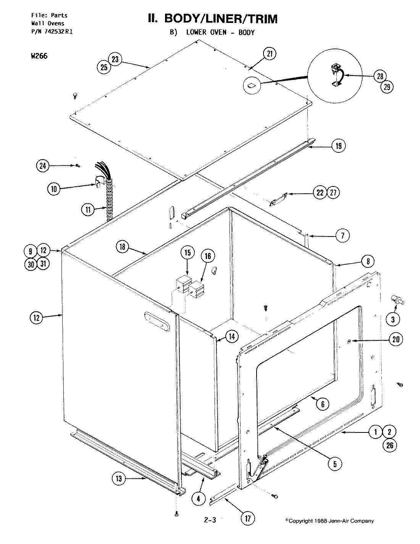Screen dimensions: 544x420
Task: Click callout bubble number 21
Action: tap(270, 54)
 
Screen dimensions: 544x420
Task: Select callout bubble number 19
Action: tap(338, 146)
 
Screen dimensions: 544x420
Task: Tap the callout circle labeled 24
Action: tap(43, 165)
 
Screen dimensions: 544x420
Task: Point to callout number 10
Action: tap(55, 189)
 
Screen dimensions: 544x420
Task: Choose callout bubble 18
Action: tap(122, 247)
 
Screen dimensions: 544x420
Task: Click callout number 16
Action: tap(208, 256)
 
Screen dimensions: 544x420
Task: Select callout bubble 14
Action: tap(231, 336)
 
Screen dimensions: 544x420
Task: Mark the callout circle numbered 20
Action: tap(396, 339)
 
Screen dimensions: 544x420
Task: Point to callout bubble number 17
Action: tap(248, 518)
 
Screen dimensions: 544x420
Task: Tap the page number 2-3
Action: tap(210, 520)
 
